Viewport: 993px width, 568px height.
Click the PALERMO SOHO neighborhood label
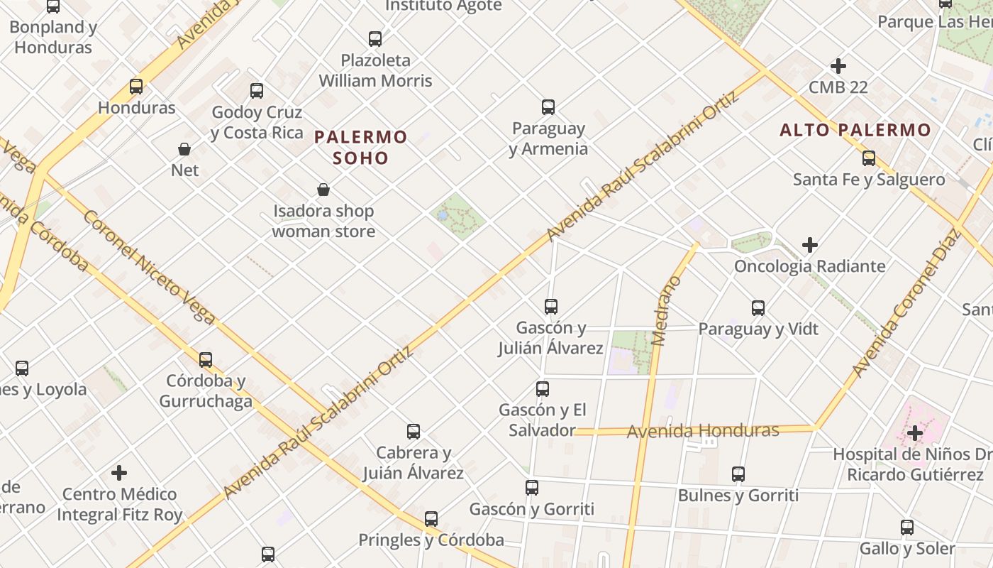click(x=361, y=147)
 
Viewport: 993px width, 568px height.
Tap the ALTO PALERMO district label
click(x=855, y=130)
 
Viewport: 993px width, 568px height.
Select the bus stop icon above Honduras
click(x=136, y=87)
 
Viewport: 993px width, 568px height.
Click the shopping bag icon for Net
click(x=184, y=149)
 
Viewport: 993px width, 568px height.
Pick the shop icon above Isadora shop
click(x=323, y=190)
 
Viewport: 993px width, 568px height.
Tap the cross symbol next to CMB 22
click(x=838, y=66)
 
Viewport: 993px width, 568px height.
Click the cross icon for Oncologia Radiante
click(x=810, y=245)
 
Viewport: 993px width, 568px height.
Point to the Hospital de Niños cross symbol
click(x=915, y=432)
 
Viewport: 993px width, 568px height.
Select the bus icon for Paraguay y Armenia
click(x=548, y=107)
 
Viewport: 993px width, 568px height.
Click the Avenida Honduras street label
click(x=703, y=430)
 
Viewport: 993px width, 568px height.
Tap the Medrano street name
click(x=665, y=310)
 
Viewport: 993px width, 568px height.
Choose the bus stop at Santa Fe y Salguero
click(x=869, y=158)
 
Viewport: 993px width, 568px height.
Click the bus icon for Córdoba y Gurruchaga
click(x=206, y=359)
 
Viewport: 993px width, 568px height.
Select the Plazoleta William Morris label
click(x=375, y=70)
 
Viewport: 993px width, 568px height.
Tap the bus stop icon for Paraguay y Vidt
click(x=758, y=308)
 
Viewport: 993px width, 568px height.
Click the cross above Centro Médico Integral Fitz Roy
click(x=119, y=472)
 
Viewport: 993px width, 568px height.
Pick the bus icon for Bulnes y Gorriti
click(x=738, y=474)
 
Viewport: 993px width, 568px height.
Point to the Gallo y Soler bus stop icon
click(x=907, y=528)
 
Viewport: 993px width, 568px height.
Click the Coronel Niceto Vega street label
click(x=149, y=267)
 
